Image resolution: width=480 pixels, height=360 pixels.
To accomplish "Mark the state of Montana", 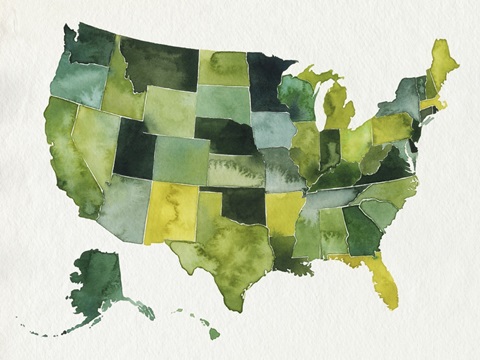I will pos(160,65).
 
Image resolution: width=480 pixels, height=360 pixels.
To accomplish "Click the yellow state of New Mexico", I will pos(170,212).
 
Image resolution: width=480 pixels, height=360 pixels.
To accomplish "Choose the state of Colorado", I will pos(181,160).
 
